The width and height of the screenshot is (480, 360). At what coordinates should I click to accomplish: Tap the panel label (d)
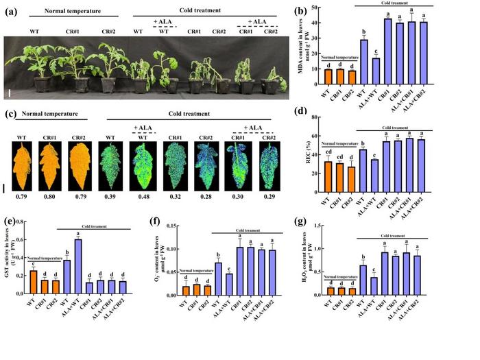click(317, 111)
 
